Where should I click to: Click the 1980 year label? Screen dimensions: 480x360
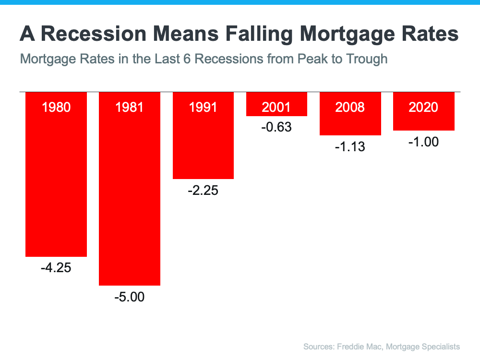(x=56, y=107)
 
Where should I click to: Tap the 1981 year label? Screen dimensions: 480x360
(x=129, y=107)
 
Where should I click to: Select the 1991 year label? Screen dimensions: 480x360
(x=203, y=107)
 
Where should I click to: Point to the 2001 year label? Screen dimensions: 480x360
(x=276, y=107)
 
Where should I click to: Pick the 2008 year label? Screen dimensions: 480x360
(x=350, y=107)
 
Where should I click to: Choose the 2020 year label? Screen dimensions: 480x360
(x=423, y=107)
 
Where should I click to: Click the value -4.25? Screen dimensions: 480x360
(x=56, y=268)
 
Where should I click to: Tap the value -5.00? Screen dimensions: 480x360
(x=130, y=297)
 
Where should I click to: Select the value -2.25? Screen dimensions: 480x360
(x=203, y=191)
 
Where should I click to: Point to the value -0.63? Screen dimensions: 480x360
(x=276, y=127)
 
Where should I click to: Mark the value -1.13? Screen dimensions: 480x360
(x=350, y=146)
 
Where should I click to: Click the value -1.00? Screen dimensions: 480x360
(x=423, y=142)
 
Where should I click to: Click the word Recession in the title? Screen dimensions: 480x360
(x=94, y=34)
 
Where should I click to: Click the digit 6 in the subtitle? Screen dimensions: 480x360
(x=187, y=59)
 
